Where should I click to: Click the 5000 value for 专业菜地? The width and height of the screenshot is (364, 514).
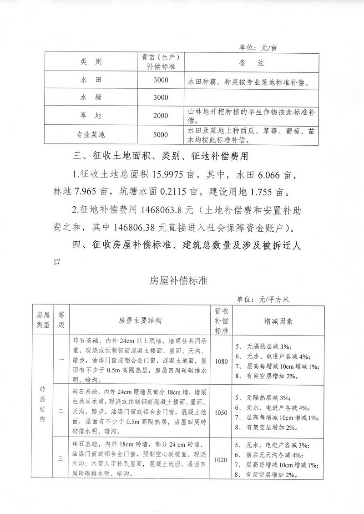(x=161, y=134)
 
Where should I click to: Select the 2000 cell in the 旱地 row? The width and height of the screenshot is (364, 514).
(x=161, y=116)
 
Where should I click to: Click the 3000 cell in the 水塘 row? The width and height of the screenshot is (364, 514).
(x=161, y=97)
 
